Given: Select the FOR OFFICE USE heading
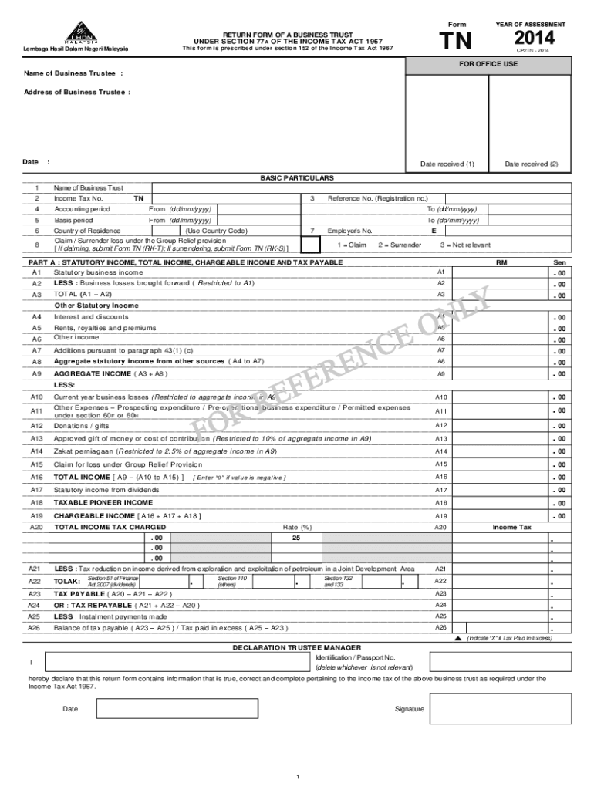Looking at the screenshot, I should [x=488, y=64].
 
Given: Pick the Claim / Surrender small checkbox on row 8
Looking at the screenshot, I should [x=309, y=245].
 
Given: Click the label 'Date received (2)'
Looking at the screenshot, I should [x=532, y=164].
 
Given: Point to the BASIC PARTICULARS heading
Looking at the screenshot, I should [x=296, y=177].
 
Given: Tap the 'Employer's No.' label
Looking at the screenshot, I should [x=350, y=231].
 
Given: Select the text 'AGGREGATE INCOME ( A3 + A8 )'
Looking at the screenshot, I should [x=110, y=373].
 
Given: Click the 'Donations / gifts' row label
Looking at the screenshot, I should [x=81, y=425].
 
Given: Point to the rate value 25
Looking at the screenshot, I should [x=295, y=538].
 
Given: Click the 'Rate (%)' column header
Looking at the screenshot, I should [x=297, y=527].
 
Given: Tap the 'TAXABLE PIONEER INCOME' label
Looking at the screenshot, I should [x=103, y=502].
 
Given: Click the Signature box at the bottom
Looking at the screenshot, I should [x=500, y=709].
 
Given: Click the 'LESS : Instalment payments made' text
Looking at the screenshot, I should [x=110, y=616].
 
